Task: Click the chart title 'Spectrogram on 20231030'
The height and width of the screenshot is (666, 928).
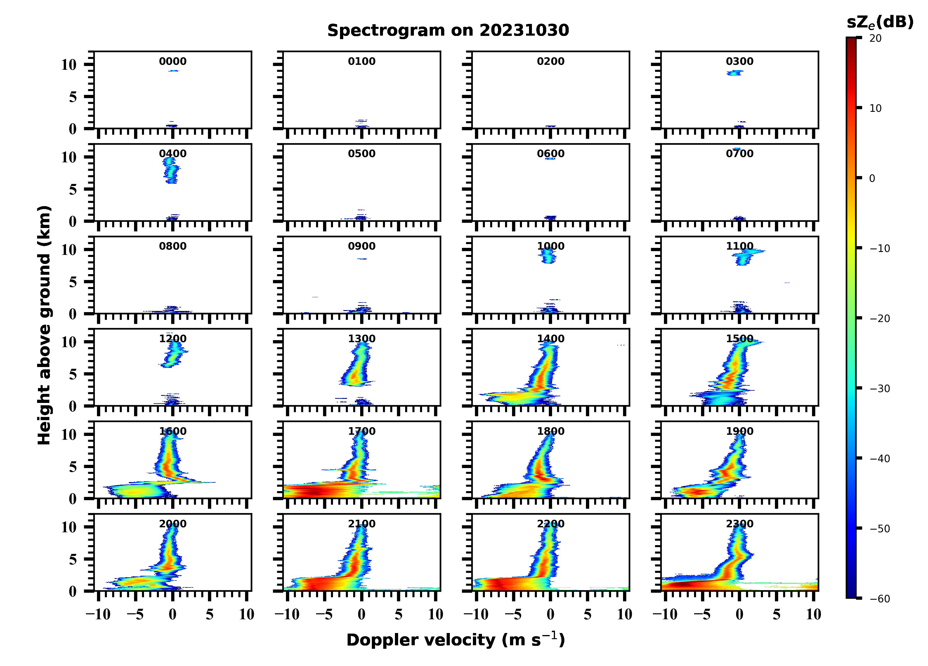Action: tap(448, 30)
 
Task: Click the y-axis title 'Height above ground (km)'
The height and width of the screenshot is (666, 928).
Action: tap(44, 325)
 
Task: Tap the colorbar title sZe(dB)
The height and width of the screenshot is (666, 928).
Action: tap(880, 22)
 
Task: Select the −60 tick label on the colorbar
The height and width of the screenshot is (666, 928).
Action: tap(880, 599)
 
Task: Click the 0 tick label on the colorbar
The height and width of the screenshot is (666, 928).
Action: tap(872, 178)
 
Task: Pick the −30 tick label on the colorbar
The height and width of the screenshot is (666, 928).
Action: tap(880, 389)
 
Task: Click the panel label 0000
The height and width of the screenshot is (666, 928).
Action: tap(173, 61)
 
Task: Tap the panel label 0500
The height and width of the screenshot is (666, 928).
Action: tap(362, 154)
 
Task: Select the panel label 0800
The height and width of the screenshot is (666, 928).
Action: tap(173, 246)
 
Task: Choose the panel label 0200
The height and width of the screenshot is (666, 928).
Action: tap(551, 61)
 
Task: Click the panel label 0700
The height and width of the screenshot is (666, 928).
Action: tap(740, 154)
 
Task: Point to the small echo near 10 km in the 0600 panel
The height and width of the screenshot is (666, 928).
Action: tap(550, 158)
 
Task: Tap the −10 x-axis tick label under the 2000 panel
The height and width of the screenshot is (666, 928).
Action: tap(98, 614)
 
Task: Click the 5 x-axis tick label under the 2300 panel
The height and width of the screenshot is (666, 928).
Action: tap(777, 614)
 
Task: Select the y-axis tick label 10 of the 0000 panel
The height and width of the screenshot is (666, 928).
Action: tap(69, 65)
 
